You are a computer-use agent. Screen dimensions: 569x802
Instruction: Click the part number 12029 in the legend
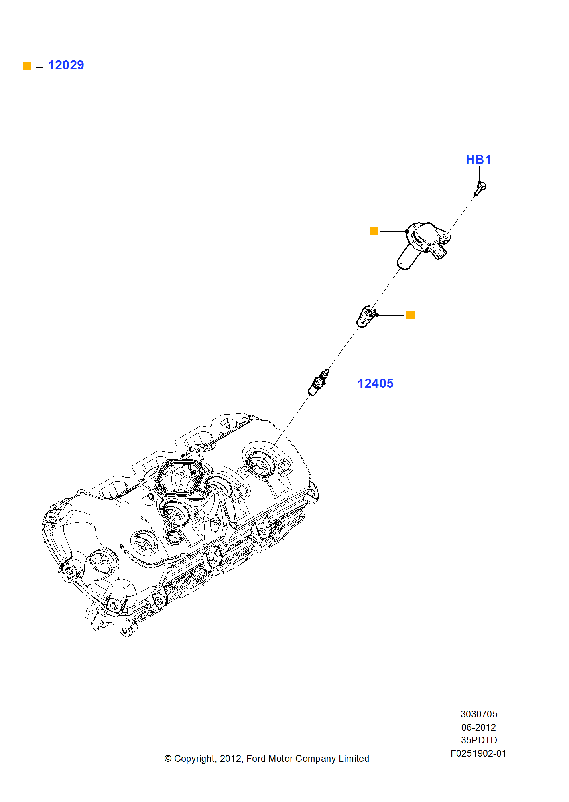[x=66, y=65]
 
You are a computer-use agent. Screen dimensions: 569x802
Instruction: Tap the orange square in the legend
[x=27, y=66]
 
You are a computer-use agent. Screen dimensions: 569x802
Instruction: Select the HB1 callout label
[x=478, y=160]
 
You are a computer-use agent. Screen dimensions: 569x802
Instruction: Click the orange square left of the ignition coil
[x=374, y=231]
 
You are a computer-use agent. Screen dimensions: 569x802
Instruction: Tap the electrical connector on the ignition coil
[x=440, y=252]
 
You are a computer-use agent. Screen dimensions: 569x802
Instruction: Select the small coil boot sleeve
[x=365, y=316]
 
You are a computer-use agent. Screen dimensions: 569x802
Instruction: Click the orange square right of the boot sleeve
[x=410, y=315]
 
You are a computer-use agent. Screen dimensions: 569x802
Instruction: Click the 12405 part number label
[x=375, y=383]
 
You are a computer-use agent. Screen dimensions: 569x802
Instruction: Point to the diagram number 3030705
[x=479, y=714]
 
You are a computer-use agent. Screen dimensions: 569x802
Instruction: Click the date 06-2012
[x=479, y=727]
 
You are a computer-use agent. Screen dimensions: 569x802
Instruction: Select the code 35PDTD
[x=479, y=740]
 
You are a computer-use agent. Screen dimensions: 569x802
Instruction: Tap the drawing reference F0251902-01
[x=478, y=753]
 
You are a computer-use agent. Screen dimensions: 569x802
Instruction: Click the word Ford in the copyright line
[x=256, y=759]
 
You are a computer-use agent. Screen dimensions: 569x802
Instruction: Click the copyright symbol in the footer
[x=168, y=759]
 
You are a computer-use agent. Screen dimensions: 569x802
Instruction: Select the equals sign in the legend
[x=39, y=66]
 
